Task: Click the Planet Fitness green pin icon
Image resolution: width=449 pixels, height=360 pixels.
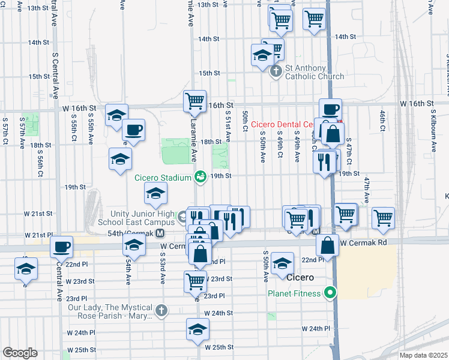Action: tap(329, 293)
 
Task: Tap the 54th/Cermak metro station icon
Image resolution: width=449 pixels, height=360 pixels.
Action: tap(160, 233)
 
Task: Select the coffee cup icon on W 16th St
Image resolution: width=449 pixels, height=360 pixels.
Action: tap(330, 109)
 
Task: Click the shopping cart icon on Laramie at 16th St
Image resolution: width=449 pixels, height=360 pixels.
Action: tap(194, 101)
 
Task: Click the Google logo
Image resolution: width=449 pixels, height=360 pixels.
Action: tap(20, 353)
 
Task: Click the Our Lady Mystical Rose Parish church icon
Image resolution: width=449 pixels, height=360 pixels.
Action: tap(160, 310)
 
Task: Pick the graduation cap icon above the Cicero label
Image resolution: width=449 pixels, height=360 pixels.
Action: tap(282, 263)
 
